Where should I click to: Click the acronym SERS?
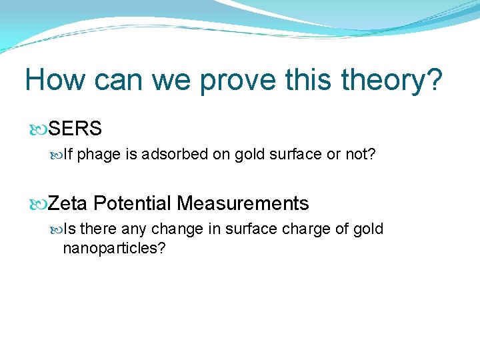[75, 129]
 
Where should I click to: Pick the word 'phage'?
[99, 155]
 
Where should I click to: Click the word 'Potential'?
[132, 203]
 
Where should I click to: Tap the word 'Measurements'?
[243, 203]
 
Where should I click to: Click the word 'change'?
[178, 229]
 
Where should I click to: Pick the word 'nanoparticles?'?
[114, 249]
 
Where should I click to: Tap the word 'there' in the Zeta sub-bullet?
[98, 229]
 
